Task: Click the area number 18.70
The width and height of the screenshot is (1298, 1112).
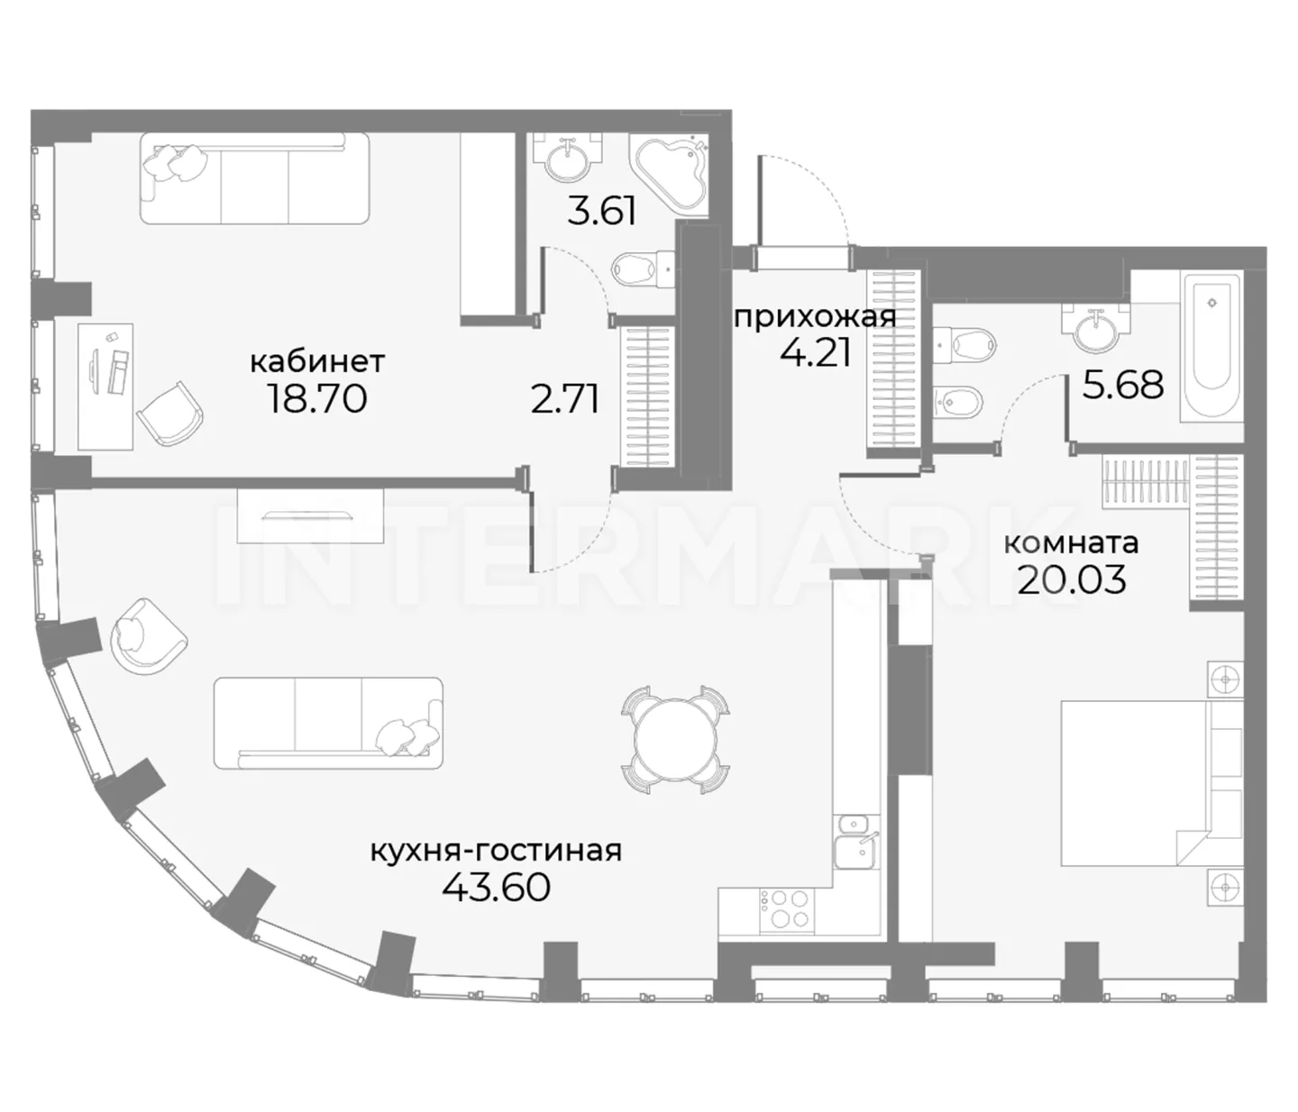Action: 317,398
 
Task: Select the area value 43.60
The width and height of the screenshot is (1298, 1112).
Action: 496,888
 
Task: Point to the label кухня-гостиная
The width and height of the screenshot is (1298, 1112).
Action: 496,851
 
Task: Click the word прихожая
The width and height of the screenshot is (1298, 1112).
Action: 815,318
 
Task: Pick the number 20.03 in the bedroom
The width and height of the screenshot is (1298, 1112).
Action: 1072,580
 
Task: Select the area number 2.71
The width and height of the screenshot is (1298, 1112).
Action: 564,399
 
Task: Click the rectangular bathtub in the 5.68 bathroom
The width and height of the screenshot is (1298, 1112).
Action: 1211,348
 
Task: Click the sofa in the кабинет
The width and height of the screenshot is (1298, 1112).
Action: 254,178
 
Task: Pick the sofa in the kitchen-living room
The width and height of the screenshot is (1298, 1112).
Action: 328,723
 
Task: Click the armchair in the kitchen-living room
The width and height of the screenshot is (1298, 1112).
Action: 148,637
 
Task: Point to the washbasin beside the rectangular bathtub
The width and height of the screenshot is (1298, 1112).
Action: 1096,327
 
